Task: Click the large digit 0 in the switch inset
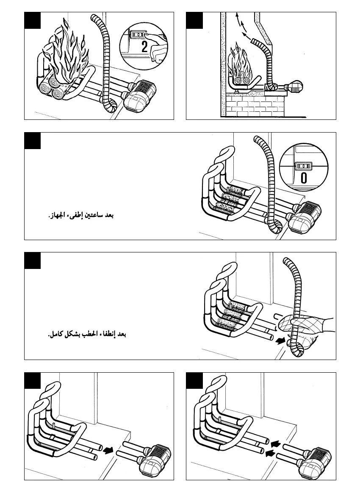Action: click(x=304, y=177)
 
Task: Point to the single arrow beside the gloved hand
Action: click(x=280, y=340)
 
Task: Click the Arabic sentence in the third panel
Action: click(x=80, y=216)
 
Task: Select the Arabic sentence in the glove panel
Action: click(x=87, y=335)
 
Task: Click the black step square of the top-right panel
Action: click(x=194, y=20)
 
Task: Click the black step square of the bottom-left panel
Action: click(x=32, y=381)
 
